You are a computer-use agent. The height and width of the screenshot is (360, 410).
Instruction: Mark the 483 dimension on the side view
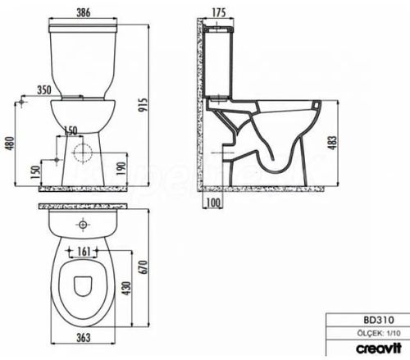coord(331,142)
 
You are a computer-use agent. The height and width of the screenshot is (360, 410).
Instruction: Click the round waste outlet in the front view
coord(83,153)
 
